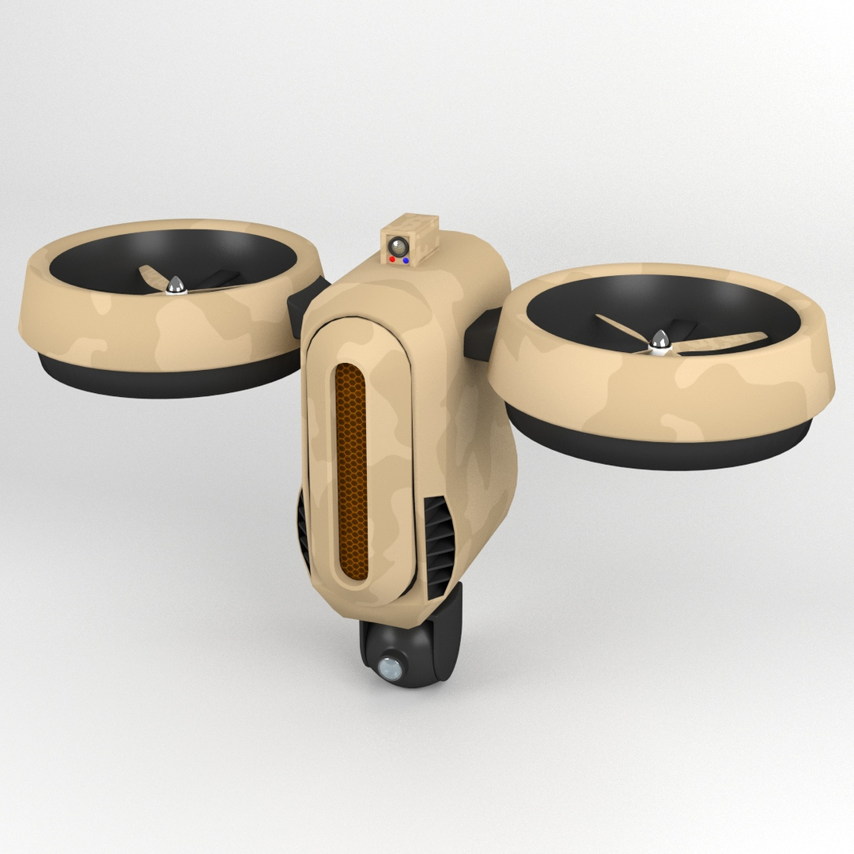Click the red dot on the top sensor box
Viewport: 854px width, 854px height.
pyautogui.click(x=393, y=259)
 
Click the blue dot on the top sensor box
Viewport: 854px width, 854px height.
pyautogui.click(x=406, y=259)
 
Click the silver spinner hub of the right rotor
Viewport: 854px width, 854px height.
pyautogui.click(x=658, y=344)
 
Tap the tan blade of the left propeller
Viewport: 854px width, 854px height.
pyautogui.click(x=150, y=276)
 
